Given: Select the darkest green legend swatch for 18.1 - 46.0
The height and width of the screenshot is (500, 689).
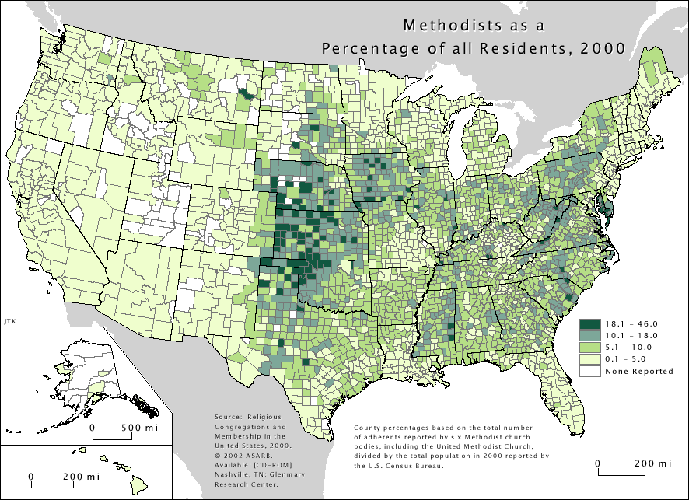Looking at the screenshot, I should [589, 323].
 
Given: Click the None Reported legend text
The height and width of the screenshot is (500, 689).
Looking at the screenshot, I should [639, 371].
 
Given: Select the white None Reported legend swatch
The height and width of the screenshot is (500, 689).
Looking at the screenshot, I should [589, 371].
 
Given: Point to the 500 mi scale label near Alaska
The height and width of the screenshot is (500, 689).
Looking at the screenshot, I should [140, 428].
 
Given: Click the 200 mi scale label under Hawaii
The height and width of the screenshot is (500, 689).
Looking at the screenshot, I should [83, 476].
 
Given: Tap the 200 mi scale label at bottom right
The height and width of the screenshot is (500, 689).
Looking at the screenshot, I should [652, 463].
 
